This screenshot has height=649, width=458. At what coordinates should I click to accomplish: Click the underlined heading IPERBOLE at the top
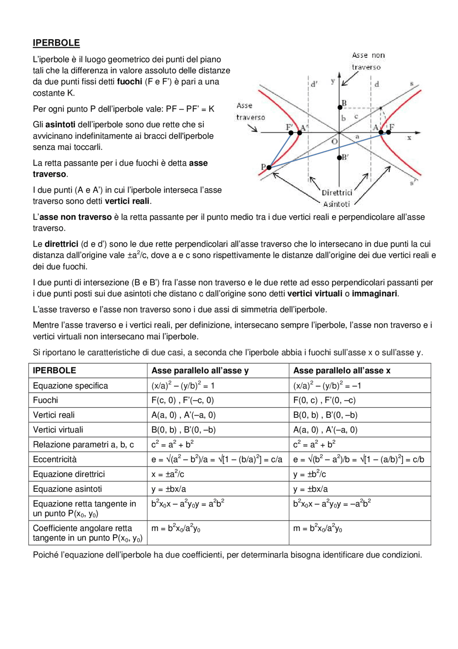point(56,43)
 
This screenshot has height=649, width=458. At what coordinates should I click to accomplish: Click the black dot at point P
point(269,167)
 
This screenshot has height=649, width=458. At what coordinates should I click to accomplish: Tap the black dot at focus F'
point(291,133)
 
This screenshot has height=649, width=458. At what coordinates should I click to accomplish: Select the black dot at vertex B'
point(340,158)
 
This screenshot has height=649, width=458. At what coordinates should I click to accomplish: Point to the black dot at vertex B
point(340,107)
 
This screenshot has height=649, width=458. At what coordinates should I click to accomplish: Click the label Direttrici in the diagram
point(337,193)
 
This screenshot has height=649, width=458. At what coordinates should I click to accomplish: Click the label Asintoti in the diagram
point(336,204)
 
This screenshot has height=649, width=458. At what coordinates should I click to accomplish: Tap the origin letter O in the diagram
point(334,141)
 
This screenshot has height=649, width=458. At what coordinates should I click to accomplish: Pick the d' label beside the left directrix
point(314,85)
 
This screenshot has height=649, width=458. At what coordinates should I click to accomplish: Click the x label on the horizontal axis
point(409,138)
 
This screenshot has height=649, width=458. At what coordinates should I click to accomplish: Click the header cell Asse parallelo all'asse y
point(200,371)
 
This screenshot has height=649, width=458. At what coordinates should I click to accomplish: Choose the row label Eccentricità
point(55,459)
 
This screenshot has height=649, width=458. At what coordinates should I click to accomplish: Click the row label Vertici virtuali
point(58,430)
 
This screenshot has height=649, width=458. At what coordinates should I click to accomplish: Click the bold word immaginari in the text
point(374,294)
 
